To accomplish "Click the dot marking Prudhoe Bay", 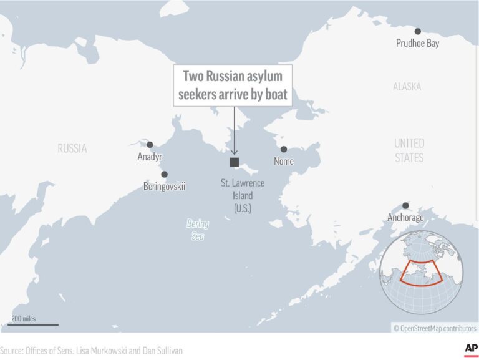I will pos(417,31).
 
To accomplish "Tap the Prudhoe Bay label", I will pos(417,44).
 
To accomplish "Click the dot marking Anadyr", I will pos(150,145).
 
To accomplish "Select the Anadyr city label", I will pos(150,157).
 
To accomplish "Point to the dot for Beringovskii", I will pos(164,174).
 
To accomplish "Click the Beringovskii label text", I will pos(164,186).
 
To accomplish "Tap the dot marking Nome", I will pos(284,149).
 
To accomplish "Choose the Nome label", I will pos(284,162).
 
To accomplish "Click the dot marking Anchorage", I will pos(405,205).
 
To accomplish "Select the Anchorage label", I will pos(405,218).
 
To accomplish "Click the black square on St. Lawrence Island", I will pos(234,162).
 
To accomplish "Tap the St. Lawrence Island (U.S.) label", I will pos(243,195).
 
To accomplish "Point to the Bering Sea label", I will pos(198,229).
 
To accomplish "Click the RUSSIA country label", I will pos(72,148).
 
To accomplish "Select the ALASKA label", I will pos(407,87).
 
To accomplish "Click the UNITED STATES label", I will pos(409,150).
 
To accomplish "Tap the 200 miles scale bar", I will pos(34,324).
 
